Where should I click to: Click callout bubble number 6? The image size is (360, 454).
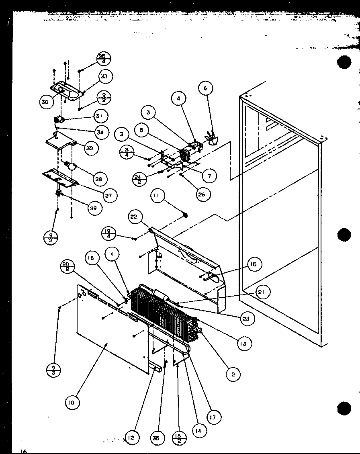point(206,88)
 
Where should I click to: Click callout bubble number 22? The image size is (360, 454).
point(133,217)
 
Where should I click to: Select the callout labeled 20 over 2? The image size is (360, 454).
point(67,267)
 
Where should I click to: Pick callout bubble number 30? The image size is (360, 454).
point(45,102)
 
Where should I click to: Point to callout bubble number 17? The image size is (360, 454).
point(213,417)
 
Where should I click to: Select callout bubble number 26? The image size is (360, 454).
point(202,194)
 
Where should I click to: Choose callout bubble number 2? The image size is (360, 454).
point(233,374)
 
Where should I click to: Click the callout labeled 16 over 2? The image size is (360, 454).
point(179,437)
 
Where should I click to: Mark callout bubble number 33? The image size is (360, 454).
point(104,76)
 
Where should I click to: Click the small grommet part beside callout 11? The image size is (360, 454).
point(185,215)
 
